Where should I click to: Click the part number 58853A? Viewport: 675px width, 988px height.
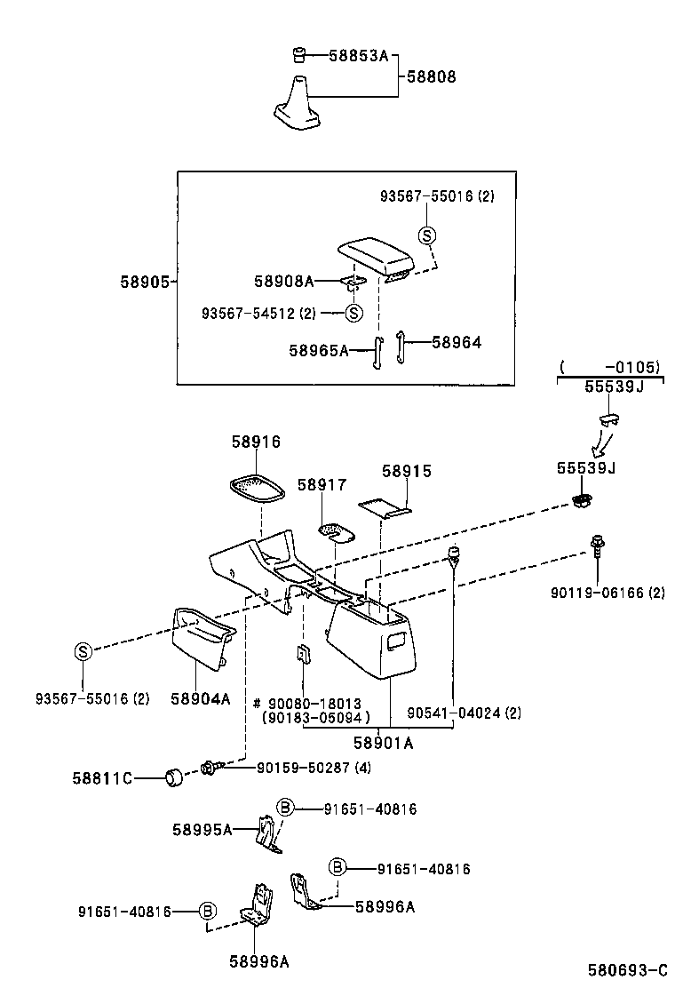pyautogui.click(x=360, y=55)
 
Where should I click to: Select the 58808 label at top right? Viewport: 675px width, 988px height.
pyautogui.click(x=432, y=76)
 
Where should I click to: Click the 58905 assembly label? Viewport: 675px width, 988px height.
pyautogui.click(x=145, y=281)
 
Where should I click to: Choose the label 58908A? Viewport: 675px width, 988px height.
pyautogui.click(x=283, y=281)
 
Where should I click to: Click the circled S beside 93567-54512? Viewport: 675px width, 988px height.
pyautogui.click(x=353, y=313)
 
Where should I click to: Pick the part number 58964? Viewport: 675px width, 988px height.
pyautogui.click(x=457, y=341)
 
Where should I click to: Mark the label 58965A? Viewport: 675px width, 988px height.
pyautogui.click(x=318, y=351)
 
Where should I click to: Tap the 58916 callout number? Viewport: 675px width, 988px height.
pyautogui.click(x=256, y=442)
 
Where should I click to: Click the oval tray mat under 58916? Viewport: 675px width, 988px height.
pyautogui.click(x=258, y=489)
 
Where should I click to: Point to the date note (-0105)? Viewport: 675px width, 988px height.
pyautogui.click(x=609, y=366)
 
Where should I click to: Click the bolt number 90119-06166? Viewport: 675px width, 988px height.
pyautogui.click(x=608, y=593)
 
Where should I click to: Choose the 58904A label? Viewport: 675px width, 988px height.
pyautogui.click(x=200, y=698)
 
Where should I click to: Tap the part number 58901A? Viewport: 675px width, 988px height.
pyautogui.click(x=383, y=743)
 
